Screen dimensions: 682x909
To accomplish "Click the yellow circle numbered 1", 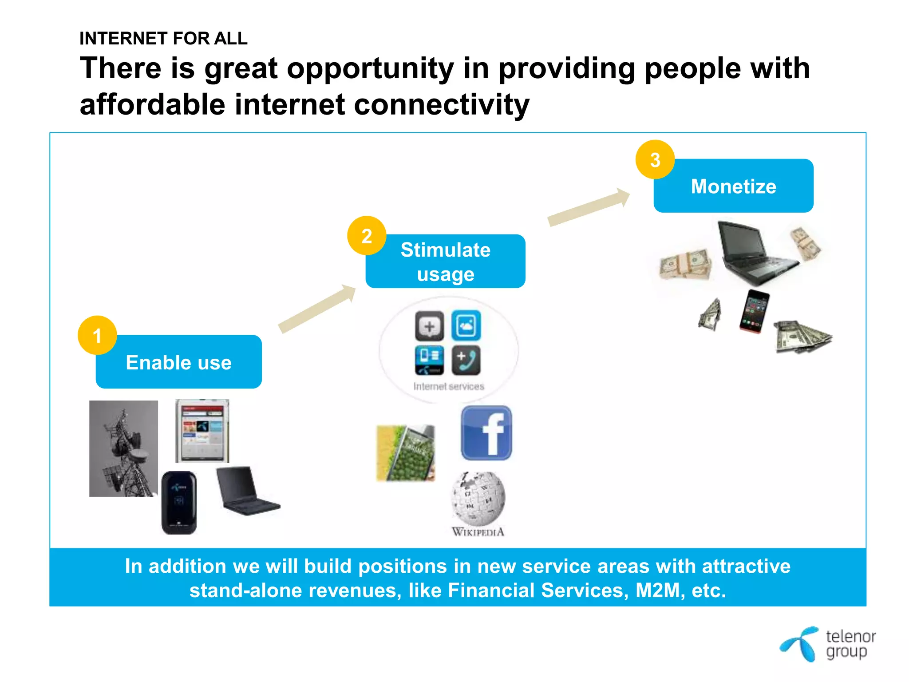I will (x=97, y=335).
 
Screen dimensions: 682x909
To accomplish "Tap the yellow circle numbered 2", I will (x=367, y=236).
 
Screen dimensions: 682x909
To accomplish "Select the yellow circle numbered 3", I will (x=655, y=160).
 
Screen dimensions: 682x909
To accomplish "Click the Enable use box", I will (x=179, y=362).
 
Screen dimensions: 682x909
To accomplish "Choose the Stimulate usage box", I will (x=446, y=262).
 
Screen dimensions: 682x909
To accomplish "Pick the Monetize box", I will (x=733, y=186).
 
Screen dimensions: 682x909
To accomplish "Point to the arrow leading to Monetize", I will (x=589, y=206).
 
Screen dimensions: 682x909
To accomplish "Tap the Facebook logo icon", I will (x=486, y=433).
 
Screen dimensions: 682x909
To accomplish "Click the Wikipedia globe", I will (x=478, y=498).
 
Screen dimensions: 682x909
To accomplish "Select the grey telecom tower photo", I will (x=123, y=448).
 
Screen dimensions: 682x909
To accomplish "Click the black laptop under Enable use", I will (x=247, y=492).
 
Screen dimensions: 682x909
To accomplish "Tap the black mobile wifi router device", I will (x=179, y=503).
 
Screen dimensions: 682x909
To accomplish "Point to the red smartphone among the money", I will (x=754, y=310).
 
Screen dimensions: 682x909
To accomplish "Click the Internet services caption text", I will (x=449, y=387).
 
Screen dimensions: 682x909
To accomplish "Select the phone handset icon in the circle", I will (x=466, y=360).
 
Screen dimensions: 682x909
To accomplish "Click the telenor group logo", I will (x=828, y=644).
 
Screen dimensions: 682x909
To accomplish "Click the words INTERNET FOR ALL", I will (x=163, y=39).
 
